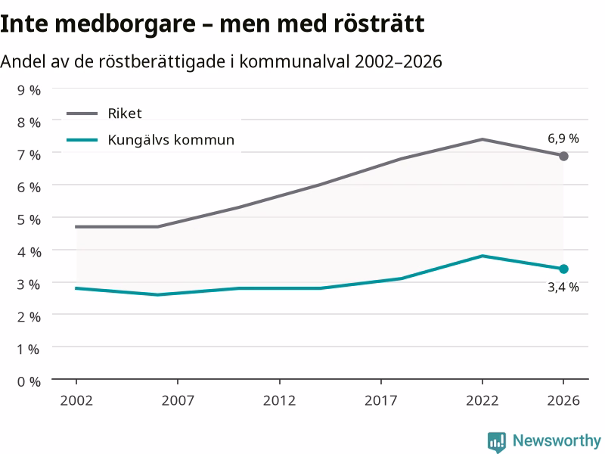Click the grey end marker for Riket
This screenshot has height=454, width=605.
563,157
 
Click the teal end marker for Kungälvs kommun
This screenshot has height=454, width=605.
563,269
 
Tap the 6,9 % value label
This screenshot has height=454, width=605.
563,138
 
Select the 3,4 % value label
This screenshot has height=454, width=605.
563,288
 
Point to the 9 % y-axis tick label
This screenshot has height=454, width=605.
29,90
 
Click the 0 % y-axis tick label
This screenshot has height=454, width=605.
29,382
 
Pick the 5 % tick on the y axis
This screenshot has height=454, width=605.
29,219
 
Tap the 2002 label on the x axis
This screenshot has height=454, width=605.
76,401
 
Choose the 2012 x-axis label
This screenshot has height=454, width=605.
279,401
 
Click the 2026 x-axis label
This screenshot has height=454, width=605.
563,401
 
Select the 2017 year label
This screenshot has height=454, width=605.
381,401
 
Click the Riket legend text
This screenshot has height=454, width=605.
125,113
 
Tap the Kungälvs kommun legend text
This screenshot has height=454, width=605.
171,140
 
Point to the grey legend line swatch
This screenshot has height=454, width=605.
82,113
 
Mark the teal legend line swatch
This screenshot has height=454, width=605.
82,140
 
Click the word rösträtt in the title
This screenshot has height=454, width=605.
379,23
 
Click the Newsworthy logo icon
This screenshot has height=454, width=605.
497,441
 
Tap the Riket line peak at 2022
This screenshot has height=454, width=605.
482,139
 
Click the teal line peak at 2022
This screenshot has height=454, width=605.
482,256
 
